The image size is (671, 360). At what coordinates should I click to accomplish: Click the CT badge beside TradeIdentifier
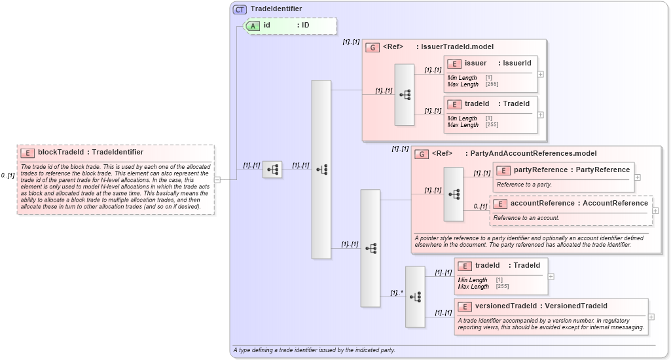pyautogui.click(x=240, y=9)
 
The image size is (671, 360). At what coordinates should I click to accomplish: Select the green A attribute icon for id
pyautogui.click(x=253, y=26)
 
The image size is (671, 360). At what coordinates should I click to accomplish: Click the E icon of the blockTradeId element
pyautogui.click(x=27, y=153)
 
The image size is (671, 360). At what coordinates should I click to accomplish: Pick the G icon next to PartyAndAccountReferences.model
pyautogui.click(x=422, y=154)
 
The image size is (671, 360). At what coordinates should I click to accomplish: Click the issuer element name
pyautogui.click(x=475, y=63)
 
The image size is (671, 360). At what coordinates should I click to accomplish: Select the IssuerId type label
pyautogui.click(x=517, y=63)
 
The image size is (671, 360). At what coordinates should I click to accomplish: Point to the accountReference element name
pyautogui.click(x=543, y=204)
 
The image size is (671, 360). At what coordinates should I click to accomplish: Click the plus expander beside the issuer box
pyautogui.click(x=541, y=74)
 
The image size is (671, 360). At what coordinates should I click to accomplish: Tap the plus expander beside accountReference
pyautogui.click(x=655, y=211)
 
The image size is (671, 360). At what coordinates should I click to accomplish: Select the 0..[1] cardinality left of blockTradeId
pyautogui.click(x=8, y=175)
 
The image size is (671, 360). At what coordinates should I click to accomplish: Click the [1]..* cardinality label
pyautogui.click(x=397, y=293)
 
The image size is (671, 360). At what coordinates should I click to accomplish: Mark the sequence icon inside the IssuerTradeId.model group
pyautogui.click(x=405, y=95)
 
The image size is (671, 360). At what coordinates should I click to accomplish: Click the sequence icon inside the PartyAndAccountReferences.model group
pyautogui.click(x=454, y=194)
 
